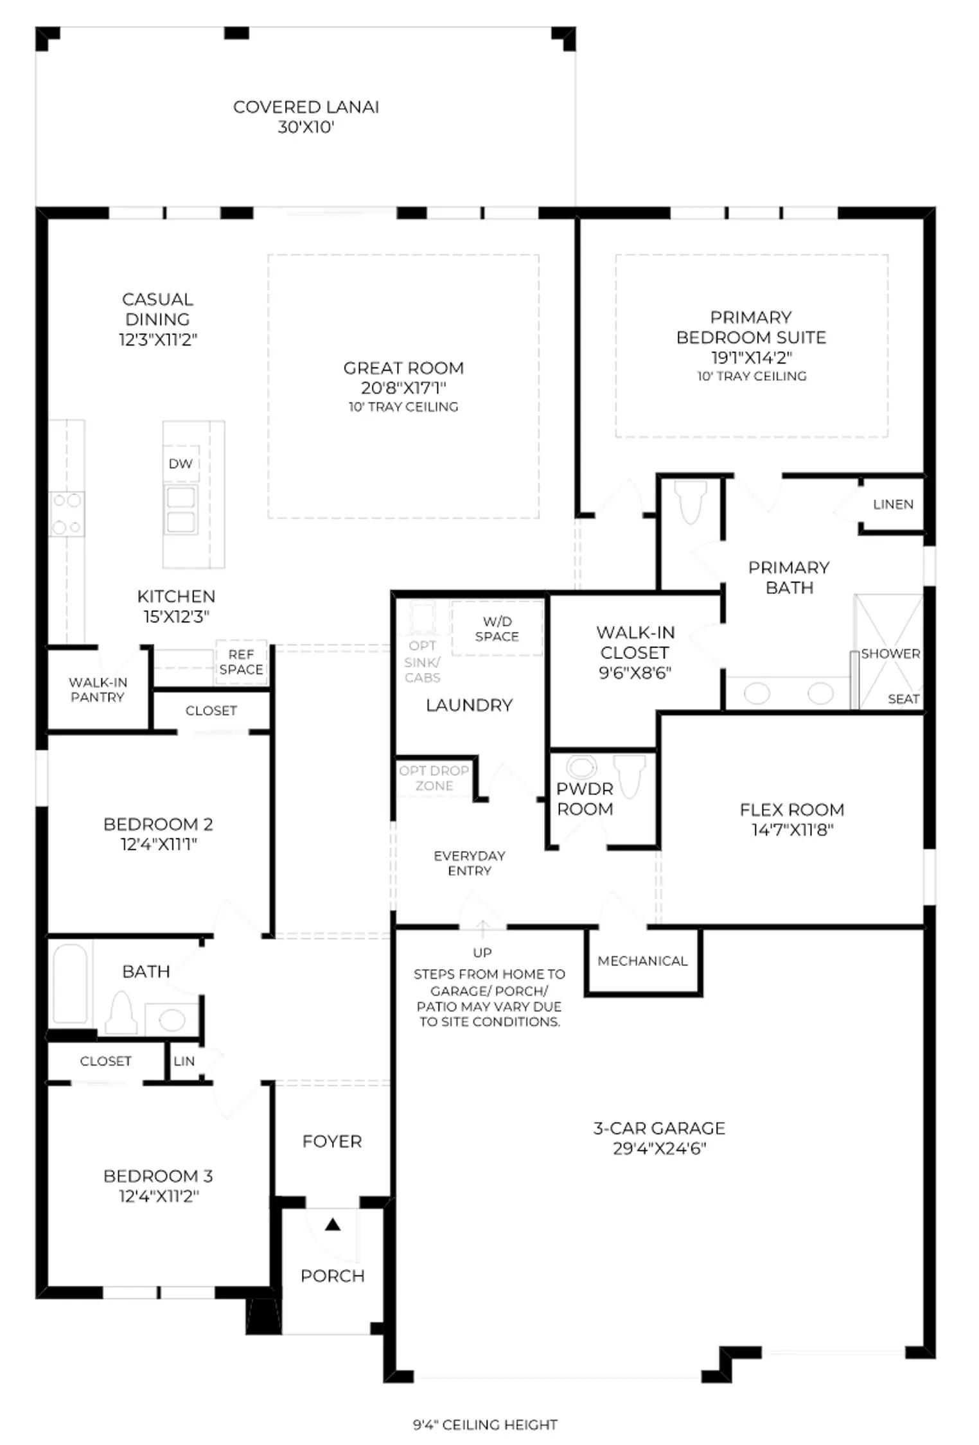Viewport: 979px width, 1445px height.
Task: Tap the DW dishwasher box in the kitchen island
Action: [x=181, y=464]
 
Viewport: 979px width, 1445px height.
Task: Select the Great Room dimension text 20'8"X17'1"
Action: [x=403, y=388]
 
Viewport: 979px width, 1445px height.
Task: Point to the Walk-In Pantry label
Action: [x=98, y=690]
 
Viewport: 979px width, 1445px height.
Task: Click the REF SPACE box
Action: [x=241, y=662]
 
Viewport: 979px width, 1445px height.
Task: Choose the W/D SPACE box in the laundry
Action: [x=497, y=628]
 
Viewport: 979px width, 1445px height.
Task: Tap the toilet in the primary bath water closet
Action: [x=691, y=502]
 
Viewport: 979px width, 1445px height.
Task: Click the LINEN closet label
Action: [x=893, y=504]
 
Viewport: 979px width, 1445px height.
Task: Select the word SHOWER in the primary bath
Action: [x=890, y=654]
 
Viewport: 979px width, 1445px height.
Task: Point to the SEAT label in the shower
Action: [x=903, y=699]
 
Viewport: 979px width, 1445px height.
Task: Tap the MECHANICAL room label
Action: [x=642, y=961]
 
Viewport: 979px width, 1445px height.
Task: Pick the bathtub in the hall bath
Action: [x=70, y=983]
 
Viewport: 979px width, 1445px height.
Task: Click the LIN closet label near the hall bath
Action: [x=184, y=1061]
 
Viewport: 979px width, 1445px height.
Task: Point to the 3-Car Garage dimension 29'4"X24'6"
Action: [x=659, y=1148]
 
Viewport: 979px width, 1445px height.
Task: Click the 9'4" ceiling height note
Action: [x=485, y=1424]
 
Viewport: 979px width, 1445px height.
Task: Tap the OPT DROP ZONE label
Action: [x=434, y=778]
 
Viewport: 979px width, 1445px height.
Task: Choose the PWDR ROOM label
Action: [x=585, y=798]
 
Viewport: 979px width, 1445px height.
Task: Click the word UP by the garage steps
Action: [x=482, y=952]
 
